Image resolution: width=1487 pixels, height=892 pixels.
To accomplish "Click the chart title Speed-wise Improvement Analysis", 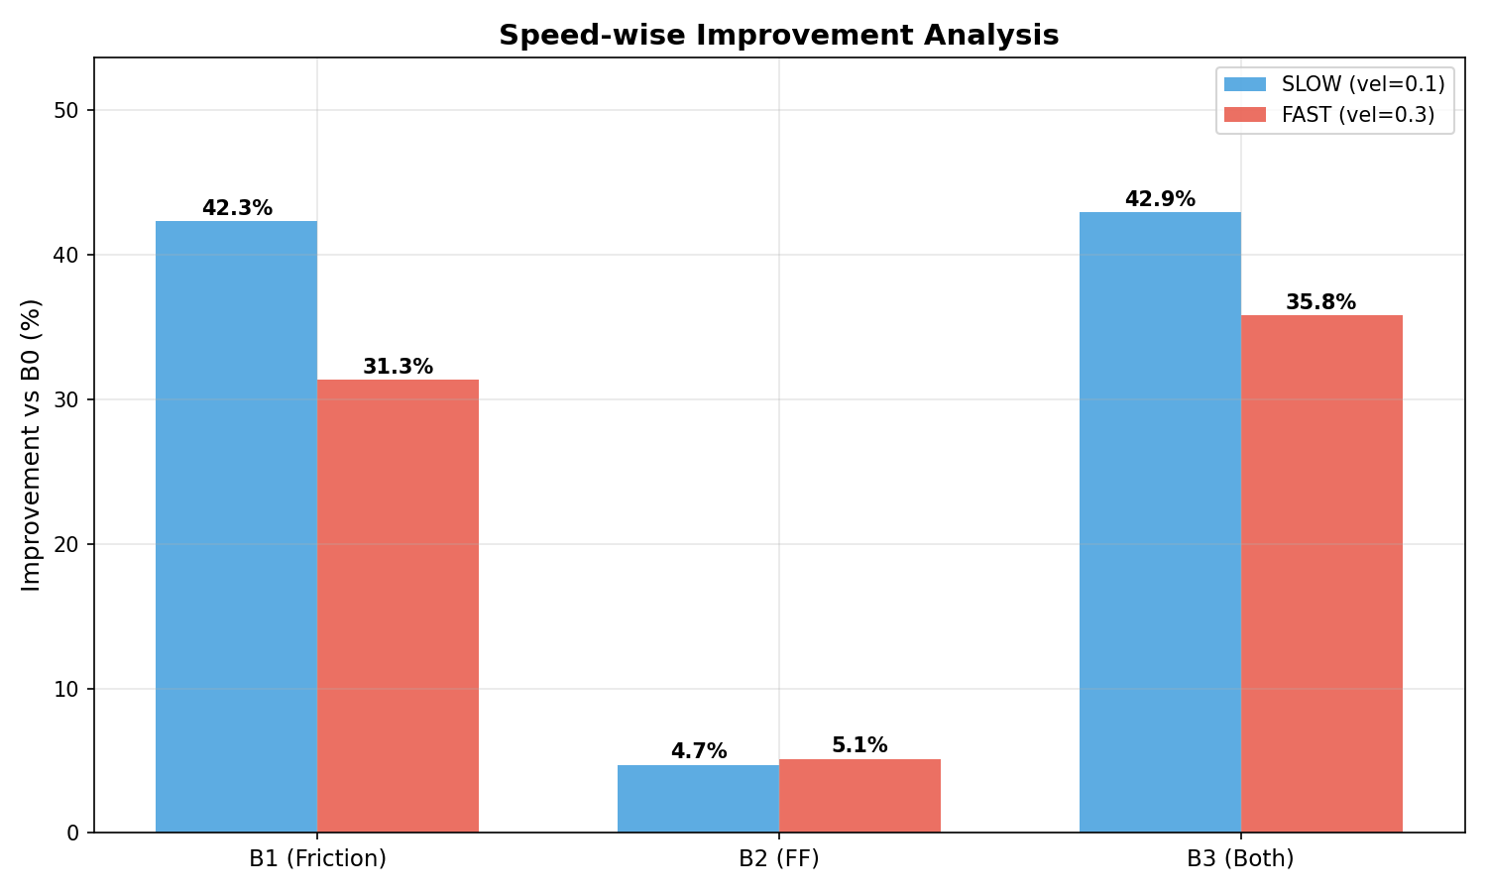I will coord(778,36).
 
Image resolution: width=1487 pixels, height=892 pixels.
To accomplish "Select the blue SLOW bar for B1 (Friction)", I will coord(236,526).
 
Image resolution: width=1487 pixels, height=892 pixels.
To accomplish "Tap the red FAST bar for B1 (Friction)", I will coord(398,606).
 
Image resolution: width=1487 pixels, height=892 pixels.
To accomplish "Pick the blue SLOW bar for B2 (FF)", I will coord(698,799).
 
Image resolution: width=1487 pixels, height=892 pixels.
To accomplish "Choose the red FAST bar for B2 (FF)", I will coord(859,796).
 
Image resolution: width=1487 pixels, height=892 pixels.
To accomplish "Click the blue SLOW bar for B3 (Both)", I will coord(1160,522).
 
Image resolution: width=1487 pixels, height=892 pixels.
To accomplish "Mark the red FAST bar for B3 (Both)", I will coord(1321,574).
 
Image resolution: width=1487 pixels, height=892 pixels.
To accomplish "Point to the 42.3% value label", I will coord(237,208).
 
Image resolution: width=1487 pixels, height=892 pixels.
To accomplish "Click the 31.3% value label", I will coord(398,367).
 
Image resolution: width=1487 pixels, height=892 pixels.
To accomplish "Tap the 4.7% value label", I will coord(699,751).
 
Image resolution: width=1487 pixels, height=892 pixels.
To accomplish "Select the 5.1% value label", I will coord(859,745).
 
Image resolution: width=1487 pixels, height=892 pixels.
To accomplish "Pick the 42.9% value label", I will coord(1160,199).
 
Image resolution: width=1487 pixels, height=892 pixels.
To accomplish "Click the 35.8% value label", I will coord(1320,302).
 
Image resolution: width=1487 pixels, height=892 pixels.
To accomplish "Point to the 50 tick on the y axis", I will coord(67,110).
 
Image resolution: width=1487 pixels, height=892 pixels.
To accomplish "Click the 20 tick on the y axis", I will coord(67,544).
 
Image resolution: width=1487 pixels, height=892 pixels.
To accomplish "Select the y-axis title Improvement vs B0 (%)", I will coord(32,445).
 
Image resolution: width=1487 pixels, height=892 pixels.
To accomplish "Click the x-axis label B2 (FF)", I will coord(778,858).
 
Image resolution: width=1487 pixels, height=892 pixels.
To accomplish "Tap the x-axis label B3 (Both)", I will coord(1240,858).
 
